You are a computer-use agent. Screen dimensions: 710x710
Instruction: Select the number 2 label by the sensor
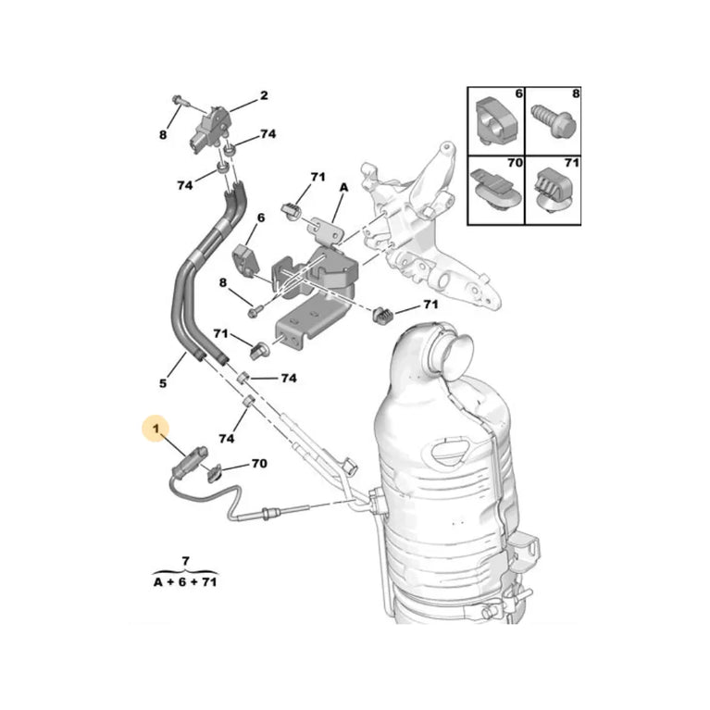tap(263, 95)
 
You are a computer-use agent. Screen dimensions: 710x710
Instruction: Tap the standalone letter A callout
tap(343, 187)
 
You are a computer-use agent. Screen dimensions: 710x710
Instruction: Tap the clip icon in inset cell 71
tap(552, 191)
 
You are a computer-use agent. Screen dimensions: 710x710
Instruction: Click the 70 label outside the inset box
tap(258, 462)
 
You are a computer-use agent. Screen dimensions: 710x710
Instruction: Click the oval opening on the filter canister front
tap(455, 454)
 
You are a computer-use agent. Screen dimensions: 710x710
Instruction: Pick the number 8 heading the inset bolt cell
tap(576, 93)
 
